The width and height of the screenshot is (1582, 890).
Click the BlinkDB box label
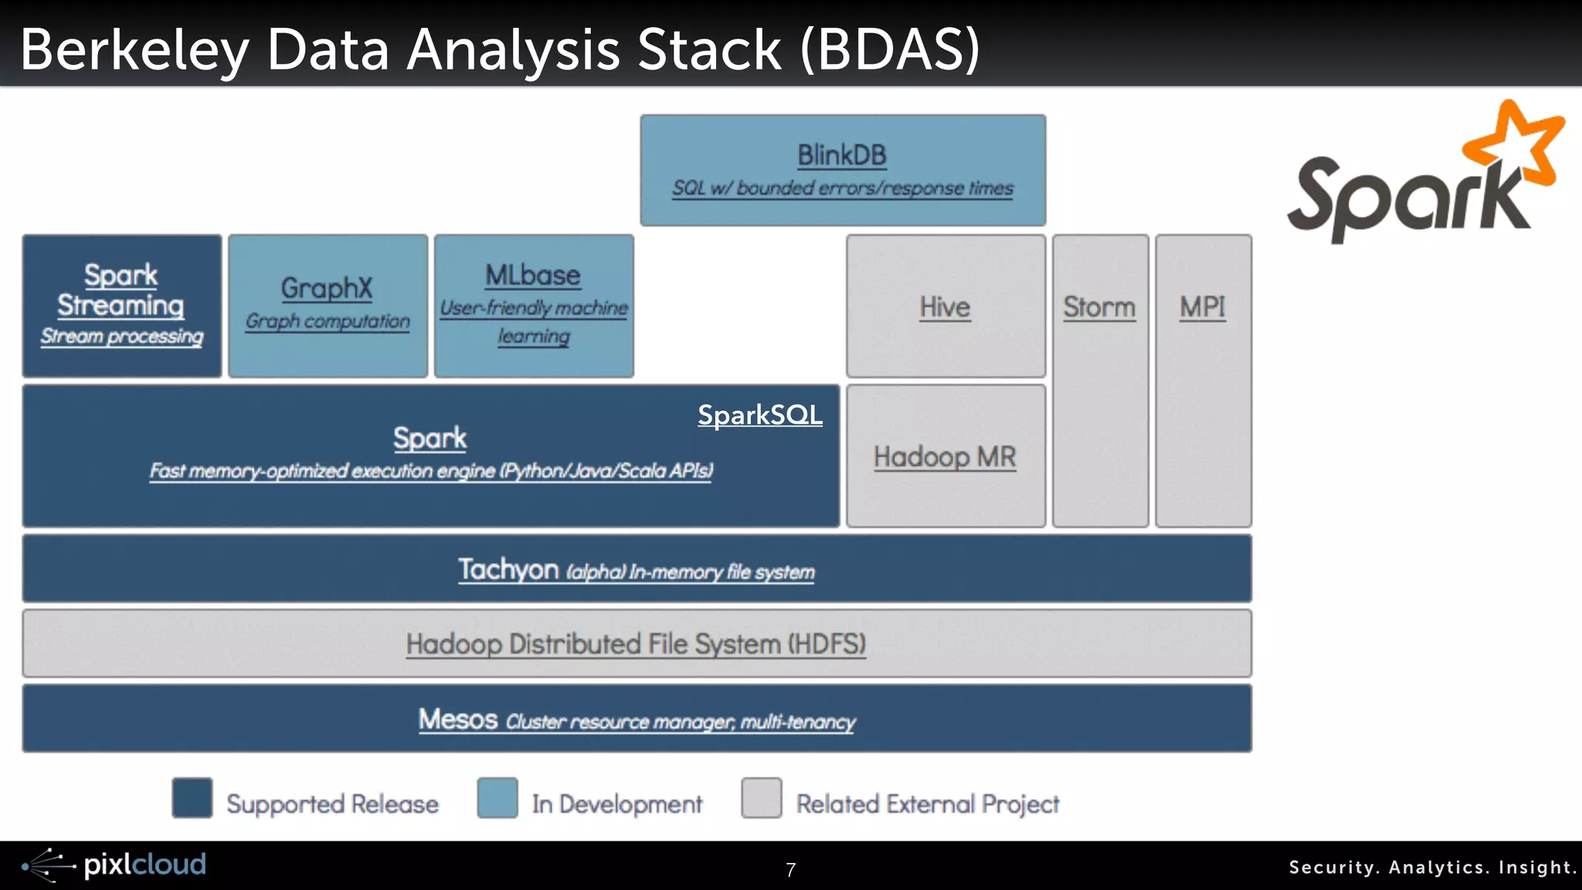841,155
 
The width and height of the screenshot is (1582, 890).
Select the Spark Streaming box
121,306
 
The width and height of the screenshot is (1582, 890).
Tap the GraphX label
327,288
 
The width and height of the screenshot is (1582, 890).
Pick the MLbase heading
533,275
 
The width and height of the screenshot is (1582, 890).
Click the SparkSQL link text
759,415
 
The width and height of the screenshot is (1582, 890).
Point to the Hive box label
945,307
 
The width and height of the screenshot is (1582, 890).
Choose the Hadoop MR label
945,457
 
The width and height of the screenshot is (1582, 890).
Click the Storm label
1099,307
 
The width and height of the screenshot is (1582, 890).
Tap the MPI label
1202,307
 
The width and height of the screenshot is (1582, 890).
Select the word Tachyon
508,569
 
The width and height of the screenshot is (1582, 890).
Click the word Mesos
458,719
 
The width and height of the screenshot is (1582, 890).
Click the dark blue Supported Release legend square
192,798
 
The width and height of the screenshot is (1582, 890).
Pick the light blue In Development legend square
497,798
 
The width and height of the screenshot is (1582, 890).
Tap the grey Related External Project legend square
761,798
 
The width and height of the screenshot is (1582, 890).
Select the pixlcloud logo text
144,865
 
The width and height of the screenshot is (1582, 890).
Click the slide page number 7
790,870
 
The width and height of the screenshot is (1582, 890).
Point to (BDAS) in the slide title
890,50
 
